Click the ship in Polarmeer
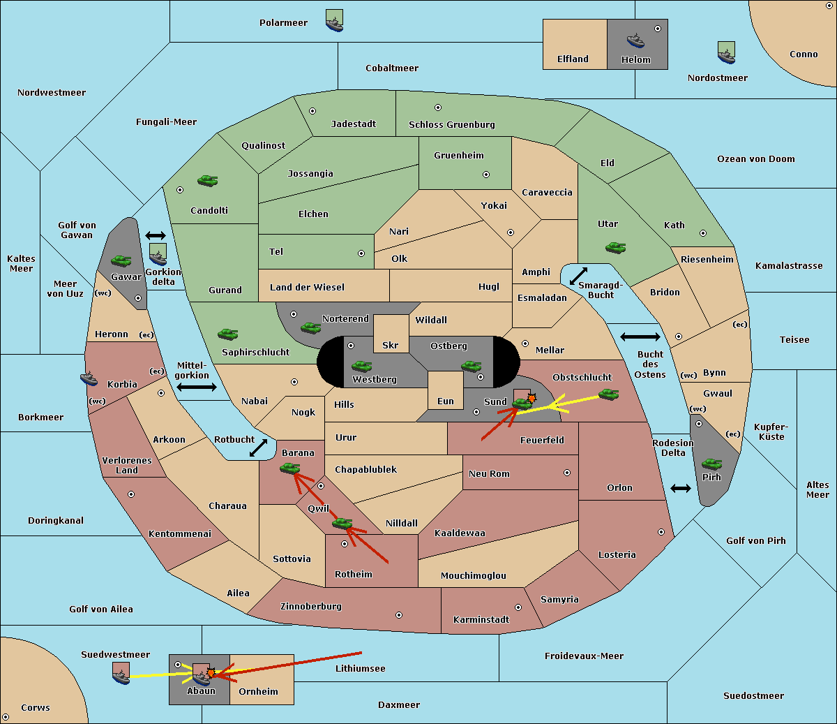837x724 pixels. point(335,24)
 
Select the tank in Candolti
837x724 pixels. point(208,180)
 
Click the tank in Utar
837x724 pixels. point(615,247)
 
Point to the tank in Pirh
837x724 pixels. point(711,464)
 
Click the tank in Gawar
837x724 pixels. point(121,260)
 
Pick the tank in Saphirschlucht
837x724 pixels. point(227,334)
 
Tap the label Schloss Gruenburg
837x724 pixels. point(451,124)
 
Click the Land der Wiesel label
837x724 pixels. point(307,287)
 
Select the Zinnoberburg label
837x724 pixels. point(311,606)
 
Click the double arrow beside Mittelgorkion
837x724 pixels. point(197,387)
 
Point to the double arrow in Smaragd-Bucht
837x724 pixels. point(578,276)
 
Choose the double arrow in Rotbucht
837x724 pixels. point(258,448)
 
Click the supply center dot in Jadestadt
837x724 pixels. point(312,111)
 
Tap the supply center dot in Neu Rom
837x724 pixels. point(567,473)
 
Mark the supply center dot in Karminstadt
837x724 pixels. point(518,607)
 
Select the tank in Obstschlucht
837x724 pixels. point(608,394)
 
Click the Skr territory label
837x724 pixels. point(391,345)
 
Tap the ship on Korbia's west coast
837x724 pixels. point(89,378)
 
